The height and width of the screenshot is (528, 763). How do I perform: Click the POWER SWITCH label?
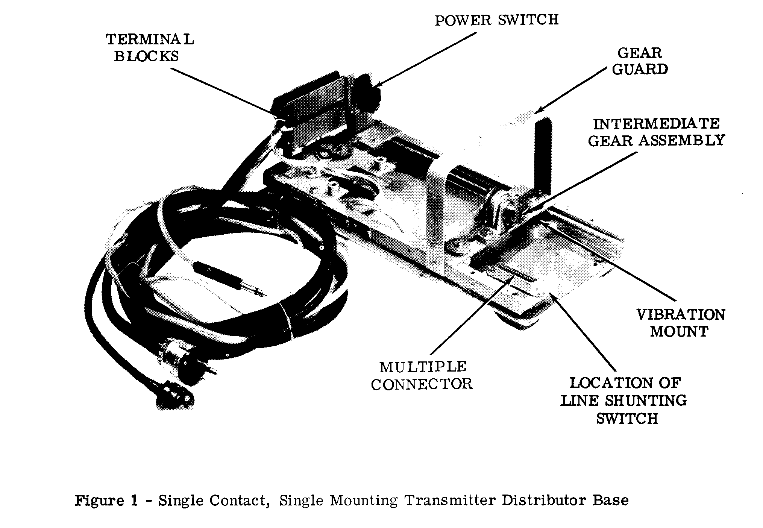[496, 20]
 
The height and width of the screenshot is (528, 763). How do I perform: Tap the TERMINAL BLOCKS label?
[150, 48]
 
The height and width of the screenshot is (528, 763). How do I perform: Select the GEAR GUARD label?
[640, 61]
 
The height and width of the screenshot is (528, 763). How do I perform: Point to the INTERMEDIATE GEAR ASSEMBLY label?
[657, 132]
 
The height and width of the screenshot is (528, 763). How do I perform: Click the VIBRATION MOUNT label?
[680, 323]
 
